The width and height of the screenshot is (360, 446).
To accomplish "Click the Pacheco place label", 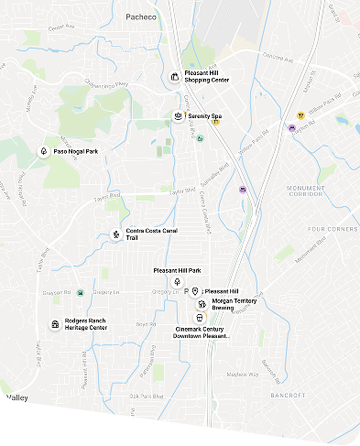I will click(142, 16).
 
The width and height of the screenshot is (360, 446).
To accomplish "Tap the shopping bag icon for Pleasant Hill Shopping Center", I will click(174, 76).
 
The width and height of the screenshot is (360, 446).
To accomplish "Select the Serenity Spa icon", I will click(178, 116).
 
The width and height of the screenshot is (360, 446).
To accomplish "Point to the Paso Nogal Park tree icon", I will click(43, 151).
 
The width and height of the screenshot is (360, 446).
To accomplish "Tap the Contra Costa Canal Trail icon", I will click(115, 234).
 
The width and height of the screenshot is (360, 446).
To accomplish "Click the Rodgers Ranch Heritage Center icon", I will click(55, 323).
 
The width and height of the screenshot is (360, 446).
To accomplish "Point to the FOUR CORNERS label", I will click(333, 228).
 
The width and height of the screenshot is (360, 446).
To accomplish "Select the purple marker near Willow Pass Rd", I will click(292, 127).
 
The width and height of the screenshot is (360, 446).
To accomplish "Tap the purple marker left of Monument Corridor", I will click(242, 189).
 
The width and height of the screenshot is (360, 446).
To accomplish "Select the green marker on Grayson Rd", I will click(81, 292).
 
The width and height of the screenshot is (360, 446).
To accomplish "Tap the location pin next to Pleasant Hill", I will click(195, 291).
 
